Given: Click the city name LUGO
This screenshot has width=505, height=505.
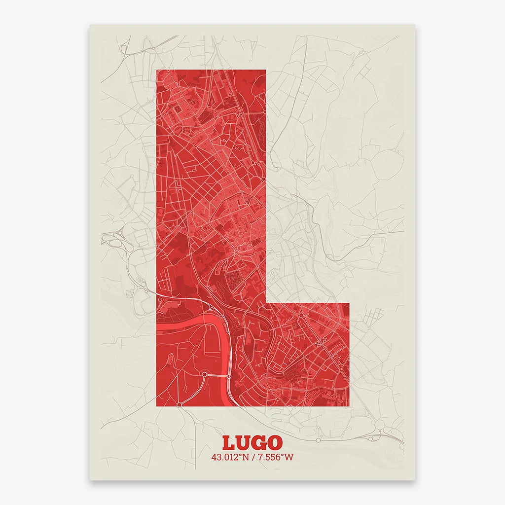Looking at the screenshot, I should point(252,442).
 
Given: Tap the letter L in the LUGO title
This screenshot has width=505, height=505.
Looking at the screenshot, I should point(228,443).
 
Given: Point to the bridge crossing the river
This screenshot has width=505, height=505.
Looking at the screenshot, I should point(217,376).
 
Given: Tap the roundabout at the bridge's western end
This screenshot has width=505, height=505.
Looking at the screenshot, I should point(204,375).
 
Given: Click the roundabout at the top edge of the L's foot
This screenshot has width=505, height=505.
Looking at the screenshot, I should point(300,315).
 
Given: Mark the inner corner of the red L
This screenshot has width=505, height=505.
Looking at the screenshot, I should point(266,303).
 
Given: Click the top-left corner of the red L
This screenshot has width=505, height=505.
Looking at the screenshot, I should point(157,70).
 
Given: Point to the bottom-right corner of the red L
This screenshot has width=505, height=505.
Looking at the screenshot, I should point(349,406).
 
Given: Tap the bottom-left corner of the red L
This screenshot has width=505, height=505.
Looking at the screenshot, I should point(157,406).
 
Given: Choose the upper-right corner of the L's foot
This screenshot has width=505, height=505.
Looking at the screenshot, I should point(349,303).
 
